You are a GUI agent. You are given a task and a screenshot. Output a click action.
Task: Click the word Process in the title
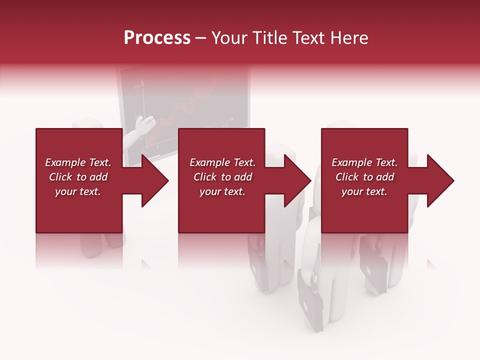[157, 38]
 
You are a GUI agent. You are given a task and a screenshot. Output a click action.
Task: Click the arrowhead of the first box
[155, 180]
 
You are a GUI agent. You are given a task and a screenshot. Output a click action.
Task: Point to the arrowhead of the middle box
[297, 180]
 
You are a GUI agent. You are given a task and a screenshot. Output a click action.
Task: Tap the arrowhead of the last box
[440, 180]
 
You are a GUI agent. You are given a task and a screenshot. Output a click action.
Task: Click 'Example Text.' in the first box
[78, 162]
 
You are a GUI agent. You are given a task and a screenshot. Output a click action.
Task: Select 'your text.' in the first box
[78, 191]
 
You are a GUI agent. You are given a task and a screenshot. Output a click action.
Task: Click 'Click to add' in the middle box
[222, 177]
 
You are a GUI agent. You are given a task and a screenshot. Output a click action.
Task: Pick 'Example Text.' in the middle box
[222, 162]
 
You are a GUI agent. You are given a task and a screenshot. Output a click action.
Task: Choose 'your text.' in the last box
[364, 191]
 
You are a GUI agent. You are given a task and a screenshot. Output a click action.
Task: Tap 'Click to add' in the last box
[364, 177]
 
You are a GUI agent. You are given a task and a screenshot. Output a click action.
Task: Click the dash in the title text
[200, 38]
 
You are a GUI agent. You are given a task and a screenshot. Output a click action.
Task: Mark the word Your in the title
[228, 38]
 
